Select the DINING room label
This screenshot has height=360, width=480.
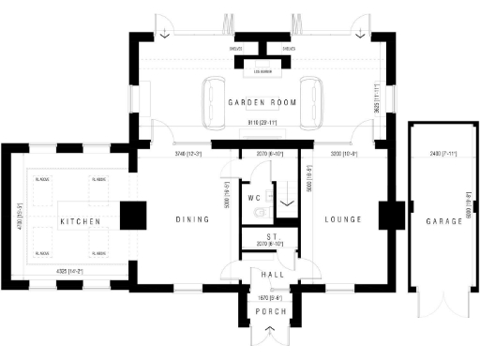pyautogui.click(x=191, y=219)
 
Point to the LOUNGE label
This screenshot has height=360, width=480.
pyautogui.click(x=342, y=219)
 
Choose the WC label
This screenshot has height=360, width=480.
pyautogui.click(x=253, y=199)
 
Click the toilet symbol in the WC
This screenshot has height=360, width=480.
pyautogui.click(x=259, y=214)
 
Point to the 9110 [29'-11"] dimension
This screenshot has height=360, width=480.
pyautogui.click(x=260, y=123)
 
